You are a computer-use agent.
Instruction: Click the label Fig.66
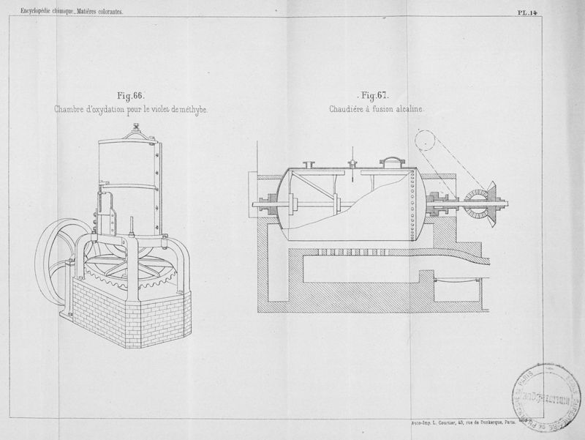[x=132, y=95]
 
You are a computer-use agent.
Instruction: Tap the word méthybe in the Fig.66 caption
[x=191, y=110]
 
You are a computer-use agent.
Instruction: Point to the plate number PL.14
[x=527, y=12]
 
